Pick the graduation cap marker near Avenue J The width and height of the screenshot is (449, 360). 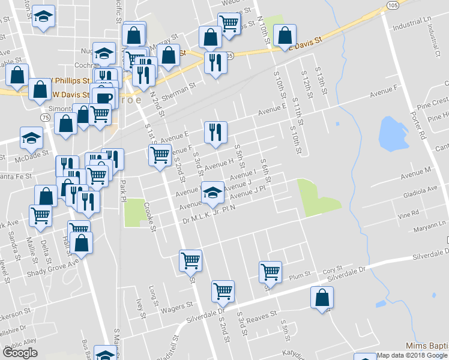pos(211,192)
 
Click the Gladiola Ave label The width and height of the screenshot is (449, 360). pos(420,189)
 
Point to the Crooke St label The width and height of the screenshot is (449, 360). pos(150,218)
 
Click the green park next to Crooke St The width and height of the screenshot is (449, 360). pos(133,212)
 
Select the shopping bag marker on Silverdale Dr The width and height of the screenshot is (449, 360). pos(322,297)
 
